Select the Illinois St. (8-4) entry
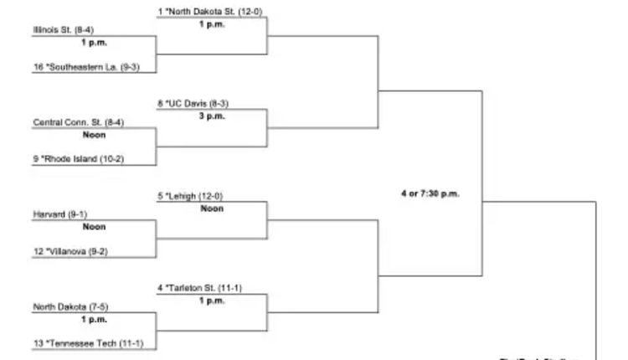click(x=64, y=30)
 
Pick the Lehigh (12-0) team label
click(x=191, y=196)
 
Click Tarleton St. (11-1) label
click(x=200, y=288)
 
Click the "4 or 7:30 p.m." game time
click(x=430, y=194)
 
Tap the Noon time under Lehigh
click(x=212, y=208)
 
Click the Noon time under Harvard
click(x=94, y=226)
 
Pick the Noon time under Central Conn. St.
click(x=94, y=134)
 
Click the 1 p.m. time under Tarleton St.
click(x=212, y=301)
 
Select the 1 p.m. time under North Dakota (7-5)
click(x=94, y=319)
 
